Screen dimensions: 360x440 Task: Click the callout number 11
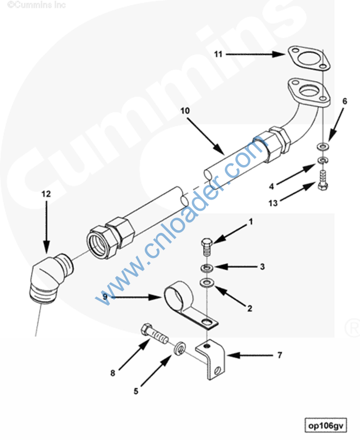(x=218, y=54)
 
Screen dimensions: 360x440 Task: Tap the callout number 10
(x=185, y=111)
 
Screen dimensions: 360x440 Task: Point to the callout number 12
(x=46, y=194)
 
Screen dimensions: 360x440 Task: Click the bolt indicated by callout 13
(x=323, y=180)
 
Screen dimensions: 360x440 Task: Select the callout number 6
(x=345, y=101)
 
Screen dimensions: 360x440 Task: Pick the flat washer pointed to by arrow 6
(x=323, y=146)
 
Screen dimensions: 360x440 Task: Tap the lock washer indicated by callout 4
(x=323, y=160)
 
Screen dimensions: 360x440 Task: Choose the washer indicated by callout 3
(x=207, y=268)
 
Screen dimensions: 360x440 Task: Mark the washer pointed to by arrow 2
(x=207, y=282)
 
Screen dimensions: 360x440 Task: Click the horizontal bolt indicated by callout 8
(x=155, y=333)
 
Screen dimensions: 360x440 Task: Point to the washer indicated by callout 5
(x=179, y=348)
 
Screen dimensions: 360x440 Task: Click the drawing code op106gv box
(x=326, y=426)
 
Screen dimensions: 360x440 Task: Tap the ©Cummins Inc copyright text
(x=37, y=5)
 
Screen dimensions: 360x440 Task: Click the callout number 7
(x=279, y=355)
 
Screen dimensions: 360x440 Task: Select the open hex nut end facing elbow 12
(x=100, y=242)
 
